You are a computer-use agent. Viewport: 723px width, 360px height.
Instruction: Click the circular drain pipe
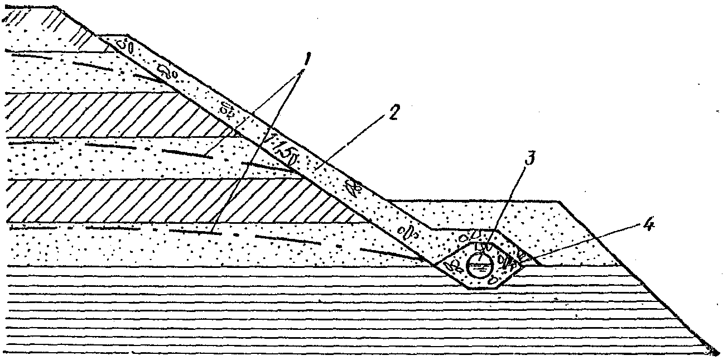(x=478, y=264)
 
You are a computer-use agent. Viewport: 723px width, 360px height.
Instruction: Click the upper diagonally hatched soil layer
(x=112, y=114)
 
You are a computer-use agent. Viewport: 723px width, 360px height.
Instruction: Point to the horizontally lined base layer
(x=279, y=313)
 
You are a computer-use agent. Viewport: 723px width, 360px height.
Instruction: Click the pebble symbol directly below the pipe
(x=492, y=281)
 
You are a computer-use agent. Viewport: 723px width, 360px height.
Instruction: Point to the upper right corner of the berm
(x=560, y=200)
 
